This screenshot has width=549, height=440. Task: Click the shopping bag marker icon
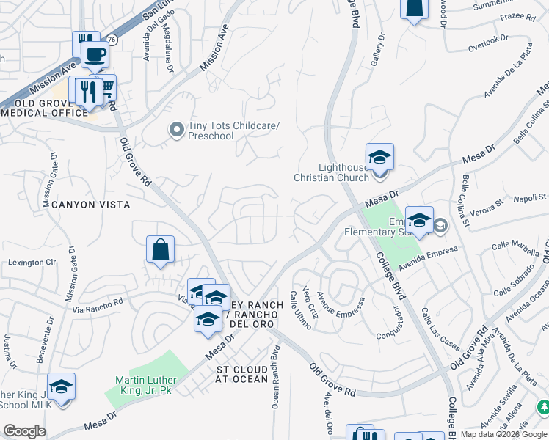pyautogui.click(x=160, y=249)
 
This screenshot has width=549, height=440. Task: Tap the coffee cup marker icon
pyautogui.click(x=94, y=54)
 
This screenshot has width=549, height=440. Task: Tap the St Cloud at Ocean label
pyautogui.click(x=242, y=374)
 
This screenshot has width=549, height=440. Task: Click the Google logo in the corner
pyautogui.click(x=24, y=431)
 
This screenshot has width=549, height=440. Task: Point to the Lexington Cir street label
pyautogui.click(x=32, y=262)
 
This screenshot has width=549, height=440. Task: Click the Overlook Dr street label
pyautogui.click(x=488, y=44)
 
